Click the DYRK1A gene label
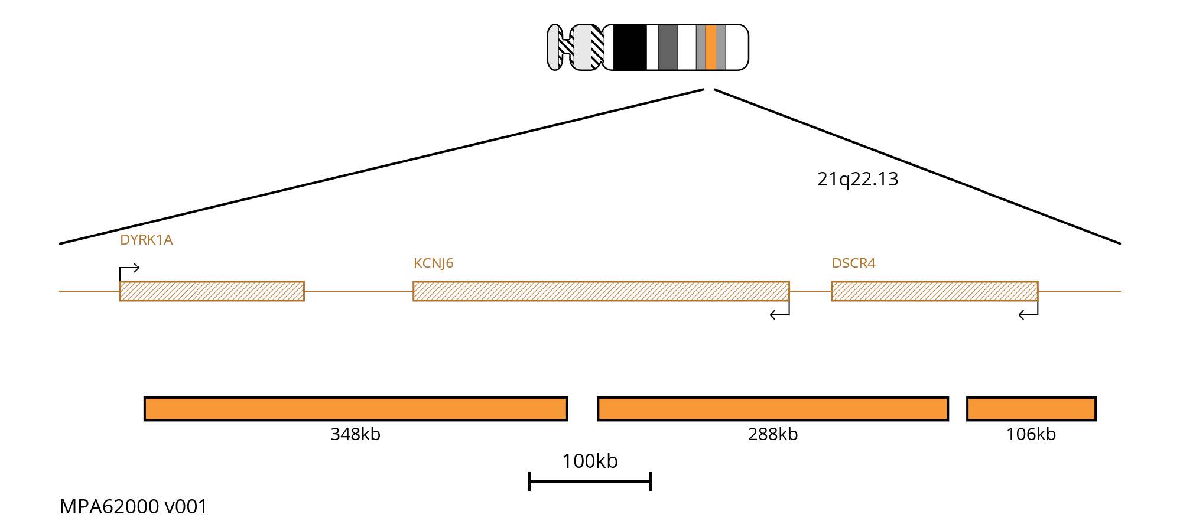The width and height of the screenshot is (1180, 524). (146, 240)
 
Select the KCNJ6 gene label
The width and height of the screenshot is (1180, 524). (433, 263)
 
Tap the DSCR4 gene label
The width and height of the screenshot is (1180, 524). (853, 263)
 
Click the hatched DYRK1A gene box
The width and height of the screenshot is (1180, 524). (212, 291)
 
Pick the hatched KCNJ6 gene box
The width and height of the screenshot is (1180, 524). (601, 291)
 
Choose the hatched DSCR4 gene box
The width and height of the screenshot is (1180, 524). (934, 291)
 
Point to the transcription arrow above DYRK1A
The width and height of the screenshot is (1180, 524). (129, 270)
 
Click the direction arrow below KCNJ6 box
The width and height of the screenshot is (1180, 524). (780, 313)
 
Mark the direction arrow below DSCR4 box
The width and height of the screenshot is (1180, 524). (1029, 313)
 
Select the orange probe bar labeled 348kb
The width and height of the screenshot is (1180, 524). (356, 409)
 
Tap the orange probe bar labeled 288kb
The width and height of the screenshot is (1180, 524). (772, 409)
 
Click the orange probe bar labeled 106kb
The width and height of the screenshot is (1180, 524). (1031, 409)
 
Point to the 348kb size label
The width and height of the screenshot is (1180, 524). (355, 434)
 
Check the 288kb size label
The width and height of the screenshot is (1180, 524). (772, 434)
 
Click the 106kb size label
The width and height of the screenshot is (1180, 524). (1031, 434)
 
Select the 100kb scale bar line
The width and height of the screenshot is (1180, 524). (590, 481)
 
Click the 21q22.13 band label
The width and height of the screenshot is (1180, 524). (857, 179)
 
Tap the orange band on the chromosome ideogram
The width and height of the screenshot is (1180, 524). (710, 47)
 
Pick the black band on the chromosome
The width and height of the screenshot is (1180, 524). (630, 47)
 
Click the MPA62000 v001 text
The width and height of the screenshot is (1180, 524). (134, 507)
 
